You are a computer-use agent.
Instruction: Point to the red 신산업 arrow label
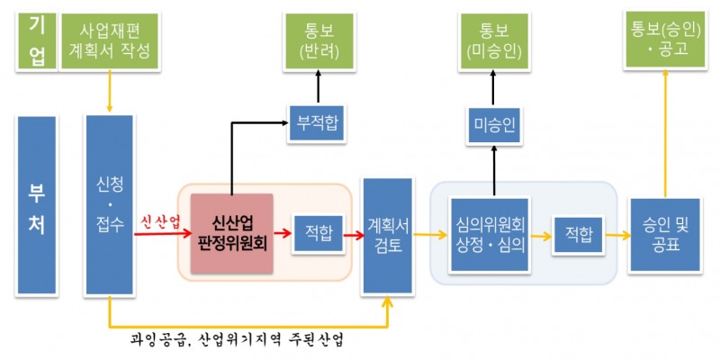[160, 221]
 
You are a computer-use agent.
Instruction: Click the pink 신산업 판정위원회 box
[232, 232]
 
